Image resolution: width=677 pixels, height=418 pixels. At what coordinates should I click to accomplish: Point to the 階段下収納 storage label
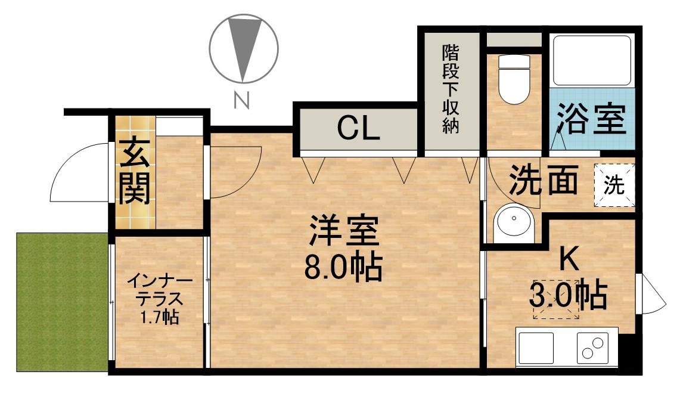pos(451,89)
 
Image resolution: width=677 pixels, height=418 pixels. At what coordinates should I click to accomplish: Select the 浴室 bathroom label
pos(591,118)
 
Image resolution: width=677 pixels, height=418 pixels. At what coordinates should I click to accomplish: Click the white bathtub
pos(592,61)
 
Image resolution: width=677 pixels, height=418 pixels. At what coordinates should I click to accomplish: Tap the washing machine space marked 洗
pos(614,185)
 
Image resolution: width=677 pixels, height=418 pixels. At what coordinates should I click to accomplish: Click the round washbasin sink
pos(512,224)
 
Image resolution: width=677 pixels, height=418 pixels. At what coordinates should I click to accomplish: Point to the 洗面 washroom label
pos(544,181)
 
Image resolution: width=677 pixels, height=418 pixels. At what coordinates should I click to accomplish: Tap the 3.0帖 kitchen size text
pos(569,294)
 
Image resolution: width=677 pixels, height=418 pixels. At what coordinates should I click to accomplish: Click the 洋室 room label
pos(343,231)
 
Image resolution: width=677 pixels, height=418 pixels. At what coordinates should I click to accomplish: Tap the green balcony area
pos(62,302)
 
